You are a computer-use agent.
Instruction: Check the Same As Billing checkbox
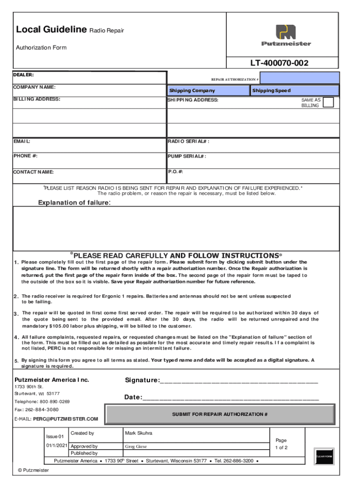click(x=329, y=102)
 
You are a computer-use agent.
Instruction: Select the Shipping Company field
click(x=208, y=91)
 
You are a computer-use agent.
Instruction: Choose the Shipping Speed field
click(x=295, y=91)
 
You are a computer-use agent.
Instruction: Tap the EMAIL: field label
click(x=22, y=141)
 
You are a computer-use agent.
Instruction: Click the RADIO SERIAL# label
click(x=188, y=141)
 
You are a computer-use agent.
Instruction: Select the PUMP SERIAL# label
click(x=187, y=156)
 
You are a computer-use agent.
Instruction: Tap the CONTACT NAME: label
click(x=33, y=172)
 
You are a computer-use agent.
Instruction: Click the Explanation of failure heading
click(x=74, y=203)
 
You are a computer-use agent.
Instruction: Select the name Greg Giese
click(x=136, y=446)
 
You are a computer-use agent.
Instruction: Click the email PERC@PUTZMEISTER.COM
click(x=65, y=419)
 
